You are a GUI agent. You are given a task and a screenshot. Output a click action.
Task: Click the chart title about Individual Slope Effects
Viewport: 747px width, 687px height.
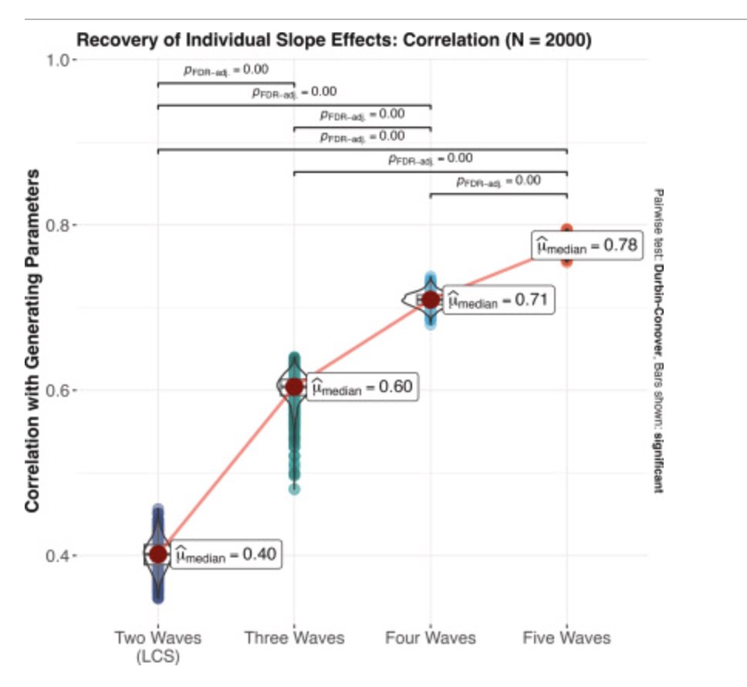[333, 41]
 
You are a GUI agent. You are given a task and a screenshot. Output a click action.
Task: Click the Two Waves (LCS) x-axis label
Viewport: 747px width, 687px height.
[158, 647]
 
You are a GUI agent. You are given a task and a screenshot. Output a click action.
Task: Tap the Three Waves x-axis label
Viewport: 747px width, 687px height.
[294, 638]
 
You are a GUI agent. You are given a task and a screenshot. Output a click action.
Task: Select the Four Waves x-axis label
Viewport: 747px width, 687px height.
[431, 638]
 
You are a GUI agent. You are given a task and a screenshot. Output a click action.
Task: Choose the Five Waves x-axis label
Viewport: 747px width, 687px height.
[566, 638]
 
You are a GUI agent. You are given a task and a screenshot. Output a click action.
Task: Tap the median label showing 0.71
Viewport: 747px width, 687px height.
[498, 300]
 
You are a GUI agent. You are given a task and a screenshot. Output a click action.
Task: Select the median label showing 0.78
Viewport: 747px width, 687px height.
[586, 246]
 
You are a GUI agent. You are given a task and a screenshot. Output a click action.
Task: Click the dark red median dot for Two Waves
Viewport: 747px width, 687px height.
[158, 553]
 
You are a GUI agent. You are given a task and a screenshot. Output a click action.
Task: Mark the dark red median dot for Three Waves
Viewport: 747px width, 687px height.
[294, 387]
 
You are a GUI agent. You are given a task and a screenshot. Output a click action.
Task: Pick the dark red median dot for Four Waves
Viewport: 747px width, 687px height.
[431, 300]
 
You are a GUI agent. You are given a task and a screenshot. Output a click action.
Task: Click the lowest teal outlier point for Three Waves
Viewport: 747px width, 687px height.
[294, 489]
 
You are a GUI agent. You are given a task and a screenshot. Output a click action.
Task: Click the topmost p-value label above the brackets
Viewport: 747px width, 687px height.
[226, 69]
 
